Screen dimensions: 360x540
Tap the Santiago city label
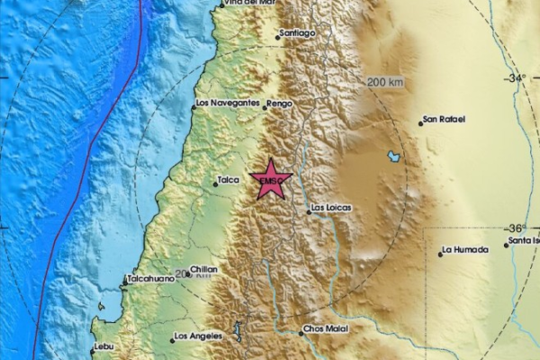tap(298, 33)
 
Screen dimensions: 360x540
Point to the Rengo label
tap(279, 103)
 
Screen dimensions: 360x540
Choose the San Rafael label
tap(444, 120)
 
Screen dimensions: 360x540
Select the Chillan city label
tap(204, 269)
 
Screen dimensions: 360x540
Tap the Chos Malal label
tap(326, 330)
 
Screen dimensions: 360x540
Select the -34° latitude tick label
tap(517, 78)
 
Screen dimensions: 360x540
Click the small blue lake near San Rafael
tap(394, 157)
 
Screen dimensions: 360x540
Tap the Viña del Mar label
tap(249, 4)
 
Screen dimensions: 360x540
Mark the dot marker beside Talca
tap(216, 184)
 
